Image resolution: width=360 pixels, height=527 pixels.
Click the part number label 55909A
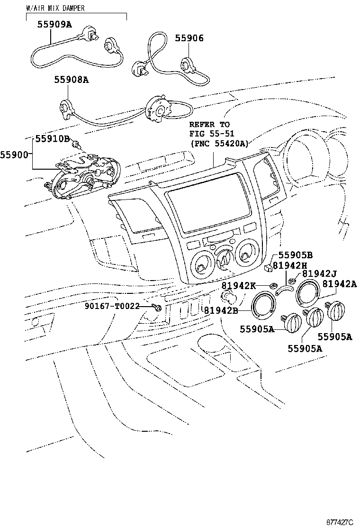pyautogui.click(x=54, y=24)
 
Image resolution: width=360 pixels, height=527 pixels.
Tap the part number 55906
pyautogui.click(x=189, y=38)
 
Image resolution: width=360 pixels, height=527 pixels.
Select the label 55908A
pyautogui.click(x=72, y=80)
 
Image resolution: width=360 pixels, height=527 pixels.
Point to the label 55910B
pyautogui.click(x=53, y=138)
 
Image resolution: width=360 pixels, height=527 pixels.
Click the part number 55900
pyautogui.click(x=14, y=154)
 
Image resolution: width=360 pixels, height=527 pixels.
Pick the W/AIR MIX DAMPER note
pyautogui.click(x=55, y=8)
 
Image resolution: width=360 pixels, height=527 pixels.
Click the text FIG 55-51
pyautogui.click(x=212, y=134)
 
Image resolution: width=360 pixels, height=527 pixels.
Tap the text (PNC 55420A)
pyautogui.click(x=219, y=144)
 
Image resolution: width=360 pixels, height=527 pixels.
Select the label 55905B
pyautogui.click(x=296, y=255)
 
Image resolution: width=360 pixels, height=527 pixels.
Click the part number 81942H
pyautogui.click(x=290, y=265)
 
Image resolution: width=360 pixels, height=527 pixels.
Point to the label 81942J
pyautogui.click(x=319, y=274)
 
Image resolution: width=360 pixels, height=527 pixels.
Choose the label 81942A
pyautogui.click(x=340, y=284)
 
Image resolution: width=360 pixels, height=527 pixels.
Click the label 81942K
pyautogui.click(x=238, y=286)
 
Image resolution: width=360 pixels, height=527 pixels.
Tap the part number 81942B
pyautogui.click(x=221, y=310)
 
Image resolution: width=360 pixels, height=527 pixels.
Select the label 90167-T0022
pyautogui.click(x=112, y=306)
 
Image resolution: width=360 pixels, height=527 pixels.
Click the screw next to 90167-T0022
pyautogui.click(x=157, y=307)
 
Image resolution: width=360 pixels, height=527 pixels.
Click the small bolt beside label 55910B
pyautogui.click(x=76, y=145)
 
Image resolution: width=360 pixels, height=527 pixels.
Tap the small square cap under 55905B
pyautogui.click(x=268, y=268)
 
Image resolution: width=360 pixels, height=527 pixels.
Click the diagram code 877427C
pyautogui.click(x=340, y=522)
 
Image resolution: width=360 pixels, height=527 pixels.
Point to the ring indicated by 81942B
pyautogui.click(x=252, y=306)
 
